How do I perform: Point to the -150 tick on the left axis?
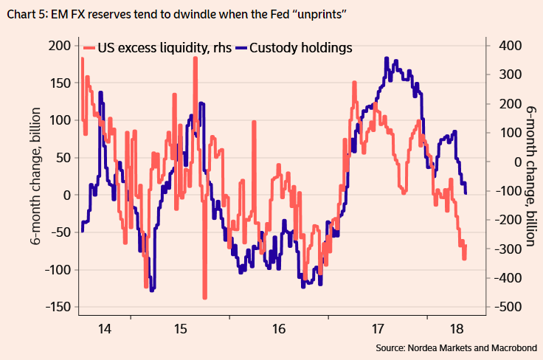57,307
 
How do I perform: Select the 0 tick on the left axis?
65,195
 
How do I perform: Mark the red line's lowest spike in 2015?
204,297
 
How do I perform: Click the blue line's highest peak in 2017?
387,58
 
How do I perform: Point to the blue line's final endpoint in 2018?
466,193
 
